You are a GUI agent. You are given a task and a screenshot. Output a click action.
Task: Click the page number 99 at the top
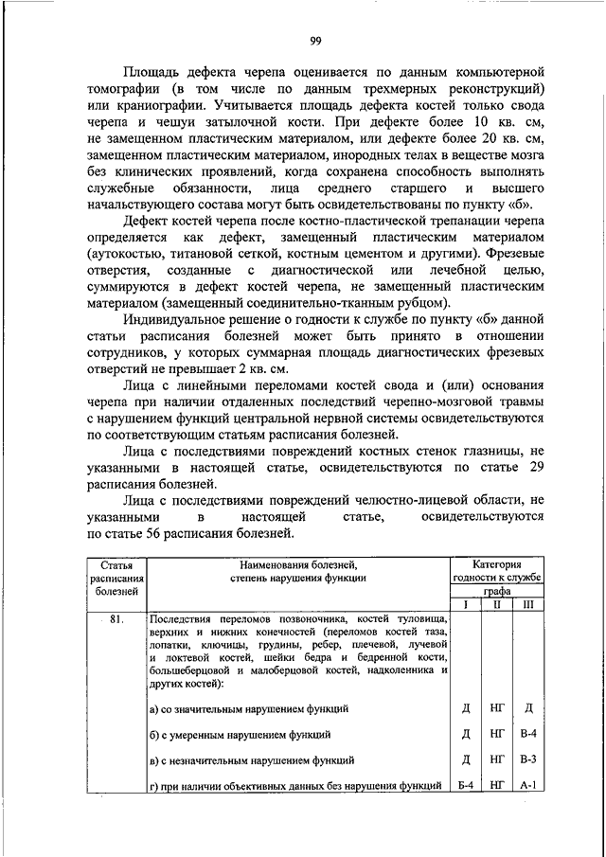(315, 40)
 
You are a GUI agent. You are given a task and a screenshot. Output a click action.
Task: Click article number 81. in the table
(117, 622)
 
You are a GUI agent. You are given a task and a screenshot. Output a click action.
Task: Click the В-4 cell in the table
(528, 734)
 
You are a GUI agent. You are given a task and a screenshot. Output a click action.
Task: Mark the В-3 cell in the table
(528, 760)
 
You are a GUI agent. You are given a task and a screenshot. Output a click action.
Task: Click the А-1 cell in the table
(528, 786)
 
